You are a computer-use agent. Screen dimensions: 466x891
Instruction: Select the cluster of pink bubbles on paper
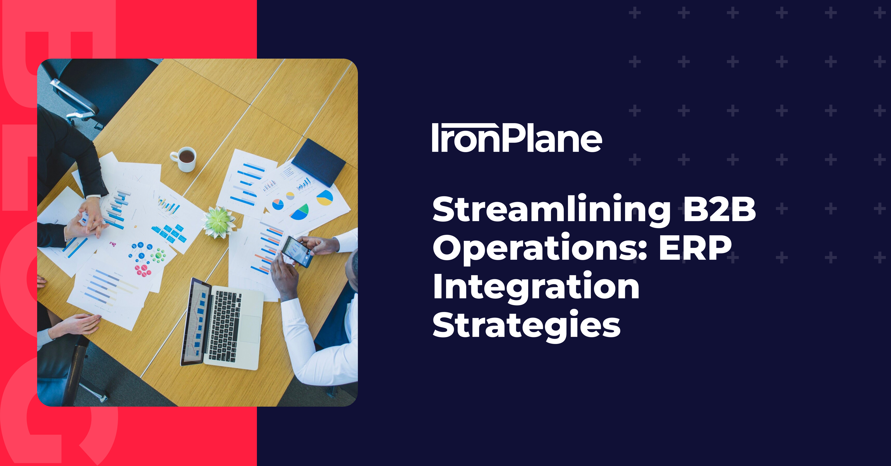tap(143, 270)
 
